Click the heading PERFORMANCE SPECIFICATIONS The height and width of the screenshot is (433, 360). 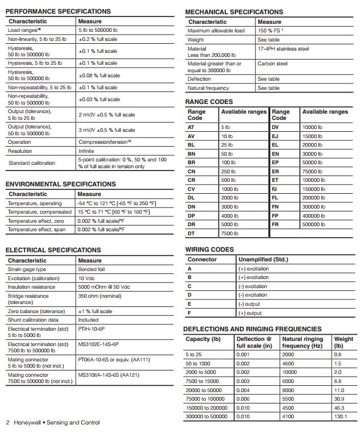58,11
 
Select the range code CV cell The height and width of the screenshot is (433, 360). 191,189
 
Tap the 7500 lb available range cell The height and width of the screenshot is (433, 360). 230,234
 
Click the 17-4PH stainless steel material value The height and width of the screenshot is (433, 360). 283,49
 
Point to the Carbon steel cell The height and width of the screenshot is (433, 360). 272,64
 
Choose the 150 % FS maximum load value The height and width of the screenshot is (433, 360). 270,31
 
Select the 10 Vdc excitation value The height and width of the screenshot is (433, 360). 88,278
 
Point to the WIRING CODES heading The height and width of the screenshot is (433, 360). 209,249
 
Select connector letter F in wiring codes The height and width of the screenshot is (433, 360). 189,313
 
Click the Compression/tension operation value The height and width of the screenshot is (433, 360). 100,142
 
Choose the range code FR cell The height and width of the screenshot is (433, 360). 275,224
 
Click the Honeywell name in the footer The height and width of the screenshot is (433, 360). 27,423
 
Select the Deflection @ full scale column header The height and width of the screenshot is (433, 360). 250,342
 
